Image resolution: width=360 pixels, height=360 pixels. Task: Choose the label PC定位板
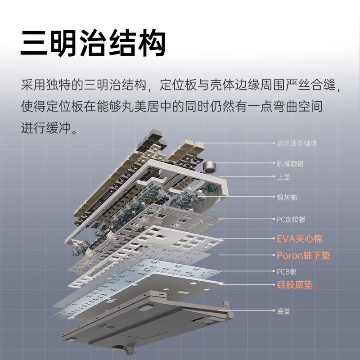[x=291, y=220]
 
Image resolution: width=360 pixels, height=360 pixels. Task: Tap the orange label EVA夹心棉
[x=299, y=238]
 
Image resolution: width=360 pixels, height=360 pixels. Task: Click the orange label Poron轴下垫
[x=303, y=256]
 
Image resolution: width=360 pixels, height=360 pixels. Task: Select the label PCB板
[x=286, y=272]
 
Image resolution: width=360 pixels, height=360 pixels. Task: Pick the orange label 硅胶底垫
[x=294, y=285]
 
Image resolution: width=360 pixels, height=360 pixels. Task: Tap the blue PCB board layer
[x=135, y=288]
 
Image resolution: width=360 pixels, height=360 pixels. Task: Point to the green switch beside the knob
[x=208, y=189]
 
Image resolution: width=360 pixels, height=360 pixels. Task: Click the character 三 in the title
[x=34, y=43]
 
